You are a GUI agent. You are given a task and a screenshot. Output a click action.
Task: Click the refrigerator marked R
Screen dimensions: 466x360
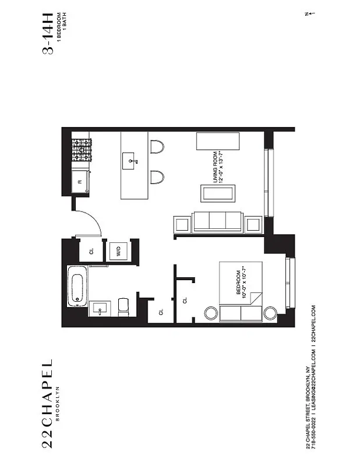[x=80, y=182]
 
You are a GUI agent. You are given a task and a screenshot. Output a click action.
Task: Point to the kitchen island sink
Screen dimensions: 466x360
[x=132, y=158]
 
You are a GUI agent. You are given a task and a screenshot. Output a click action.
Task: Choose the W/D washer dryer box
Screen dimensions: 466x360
[x=118, y=252]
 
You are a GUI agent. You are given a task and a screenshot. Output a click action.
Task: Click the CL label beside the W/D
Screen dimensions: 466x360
[x=91, y=252]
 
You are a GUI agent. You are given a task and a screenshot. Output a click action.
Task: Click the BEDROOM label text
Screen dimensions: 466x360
[x=238, y=283]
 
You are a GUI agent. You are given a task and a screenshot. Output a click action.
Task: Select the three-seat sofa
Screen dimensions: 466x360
[x=217, y=221]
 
